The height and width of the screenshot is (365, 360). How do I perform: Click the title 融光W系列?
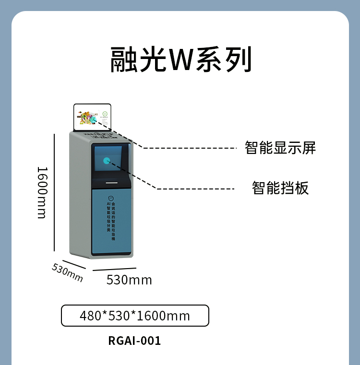(x=180, y=60)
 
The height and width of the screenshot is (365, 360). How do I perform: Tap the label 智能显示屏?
(x=280, y=147)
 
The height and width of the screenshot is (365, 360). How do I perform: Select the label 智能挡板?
(x=280, y=188)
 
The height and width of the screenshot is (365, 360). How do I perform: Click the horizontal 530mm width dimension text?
(x=129, y=280)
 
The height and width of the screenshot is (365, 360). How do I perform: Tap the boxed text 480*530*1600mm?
(x=135, y=316)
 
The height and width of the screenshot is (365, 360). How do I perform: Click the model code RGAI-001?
(x=134, y=341)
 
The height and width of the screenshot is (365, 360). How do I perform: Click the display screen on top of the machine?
(x=92, y=117)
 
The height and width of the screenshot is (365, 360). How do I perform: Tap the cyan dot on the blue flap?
(x=107, y=160)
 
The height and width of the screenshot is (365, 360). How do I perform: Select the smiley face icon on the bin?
(x=111, y=198)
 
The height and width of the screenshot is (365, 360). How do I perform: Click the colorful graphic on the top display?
(x=87, y=118)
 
